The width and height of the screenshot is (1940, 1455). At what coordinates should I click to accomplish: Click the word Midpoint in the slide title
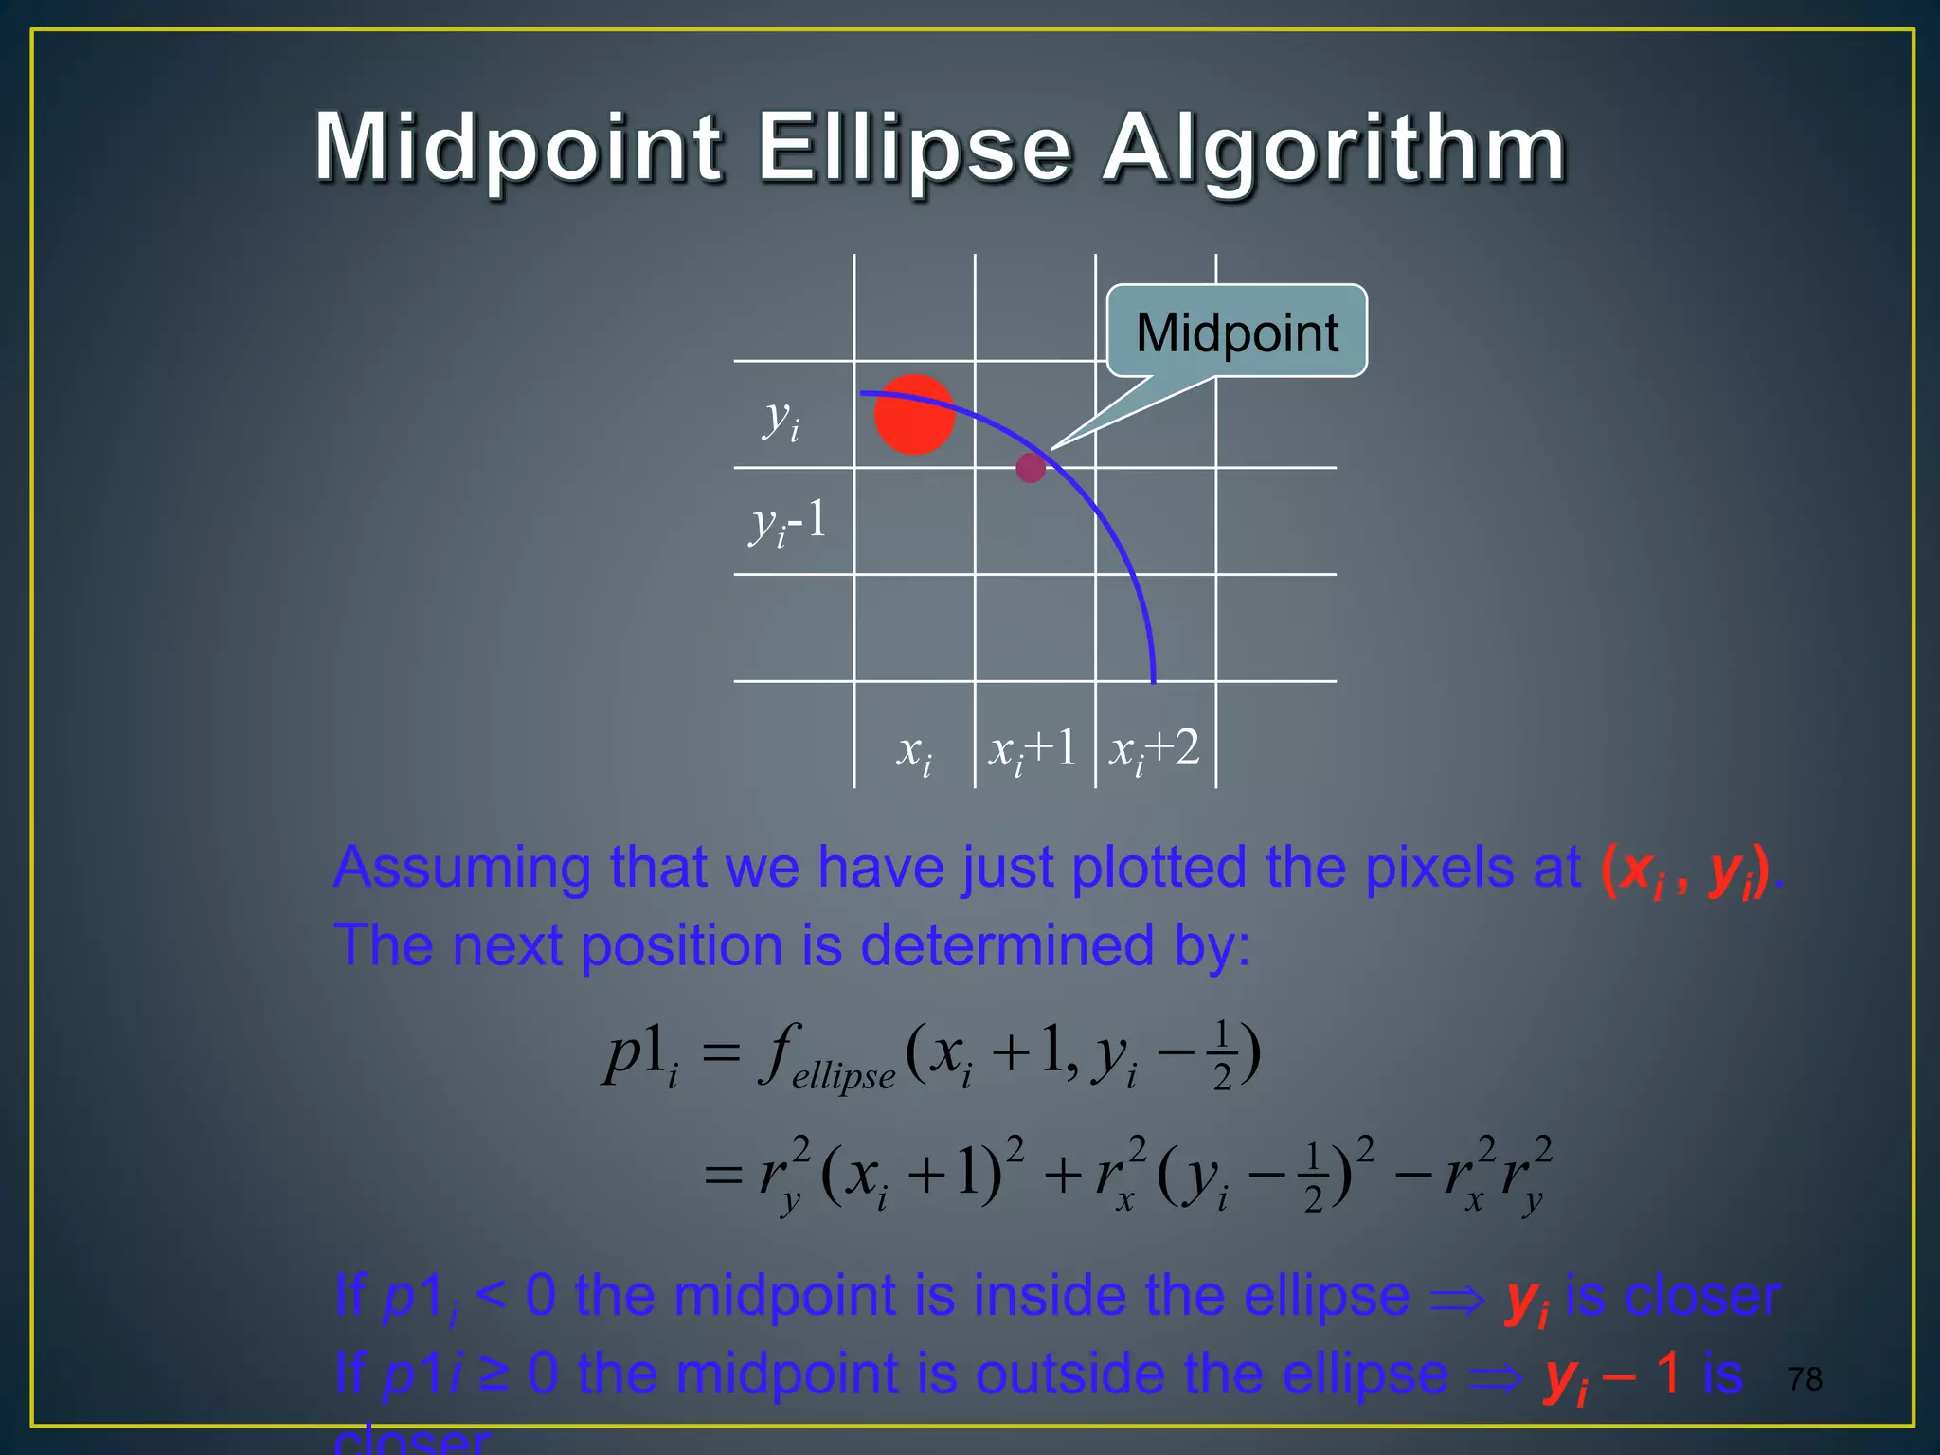519,149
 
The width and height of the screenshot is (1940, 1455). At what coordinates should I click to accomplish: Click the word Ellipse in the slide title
914,149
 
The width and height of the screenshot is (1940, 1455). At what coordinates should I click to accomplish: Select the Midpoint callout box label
1236,332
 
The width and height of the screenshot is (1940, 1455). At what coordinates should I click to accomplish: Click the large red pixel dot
913,415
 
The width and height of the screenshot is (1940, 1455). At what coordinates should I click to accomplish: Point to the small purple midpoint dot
1031,467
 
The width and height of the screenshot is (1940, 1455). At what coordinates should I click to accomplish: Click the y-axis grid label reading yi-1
788,523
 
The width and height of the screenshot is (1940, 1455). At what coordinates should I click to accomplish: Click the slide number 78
1805,1379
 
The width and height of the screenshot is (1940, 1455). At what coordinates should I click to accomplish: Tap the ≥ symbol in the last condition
494,1374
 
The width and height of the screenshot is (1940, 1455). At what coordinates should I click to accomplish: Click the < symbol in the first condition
490,1296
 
